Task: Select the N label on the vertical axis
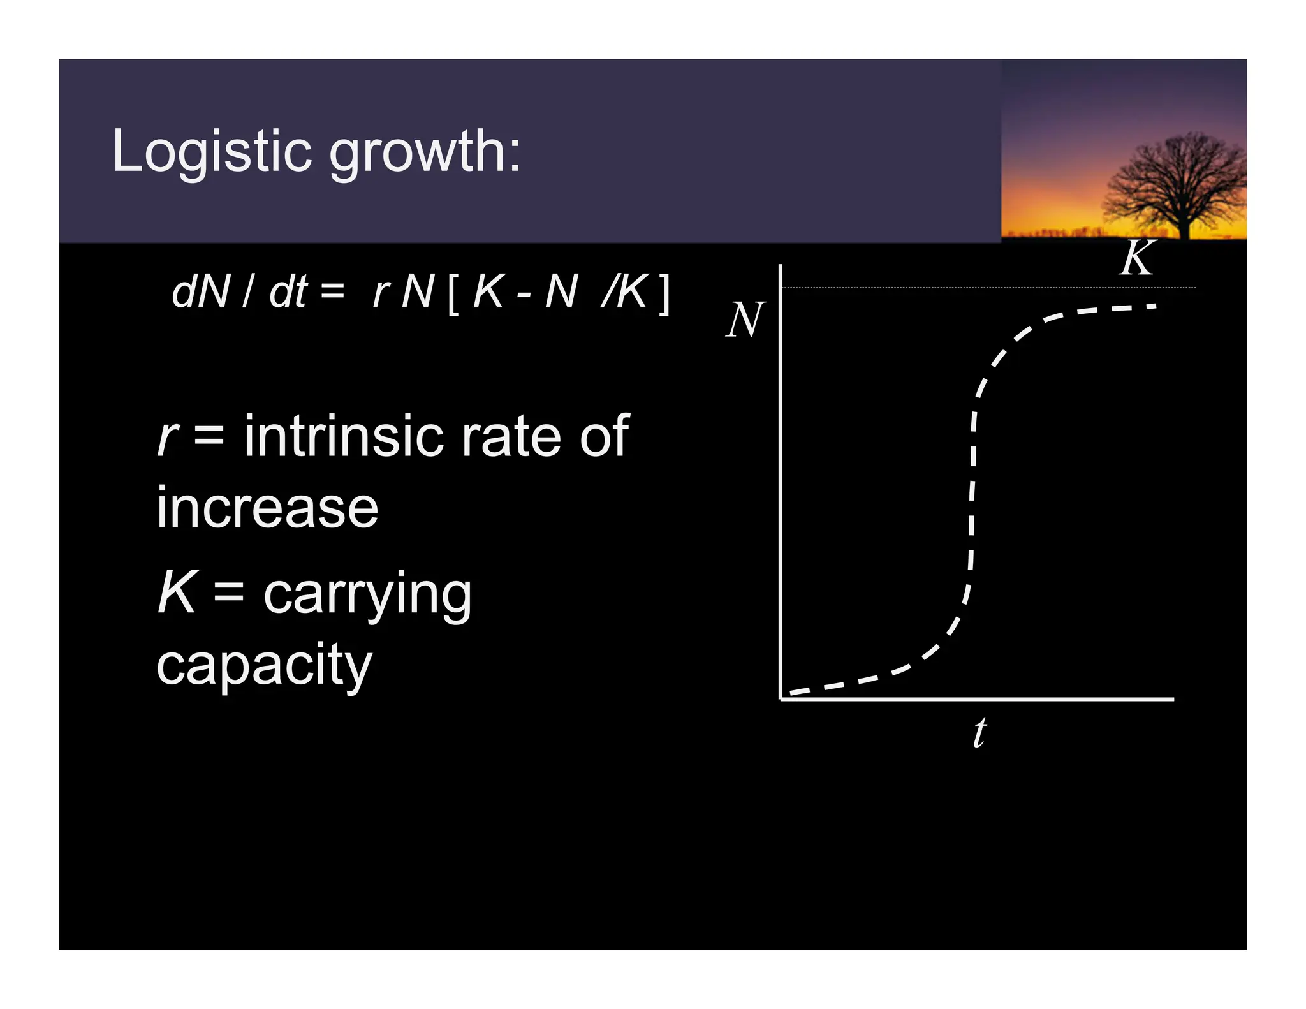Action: coord(745,320)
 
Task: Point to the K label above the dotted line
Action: coord(1137,258)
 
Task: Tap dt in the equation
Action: coord(289,292)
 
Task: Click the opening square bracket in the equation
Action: coord(453,294)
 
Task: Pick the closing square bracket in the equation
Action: coord(664,294)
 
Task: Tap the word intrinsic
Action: coord(344,436)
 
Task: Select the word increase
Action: coord(267,508)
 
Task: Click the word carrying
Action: coord(367,595)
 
